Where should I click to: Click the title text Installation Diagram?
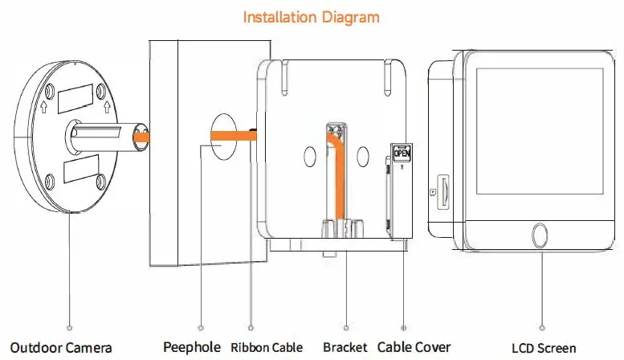312,16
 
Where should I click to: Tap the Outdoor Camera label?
61,348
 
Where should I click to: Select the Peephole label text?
190,347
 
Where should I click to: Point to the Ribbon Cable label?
267,348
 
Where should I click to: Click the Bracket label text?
345,348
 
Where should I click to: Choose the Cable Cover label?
414,348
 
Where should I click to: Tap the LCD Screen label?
544,348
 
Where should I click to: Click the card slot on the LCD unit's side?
441,190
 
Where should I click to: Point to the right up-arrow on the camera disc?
104,104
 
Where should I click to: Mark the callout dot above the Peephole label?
200,328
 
